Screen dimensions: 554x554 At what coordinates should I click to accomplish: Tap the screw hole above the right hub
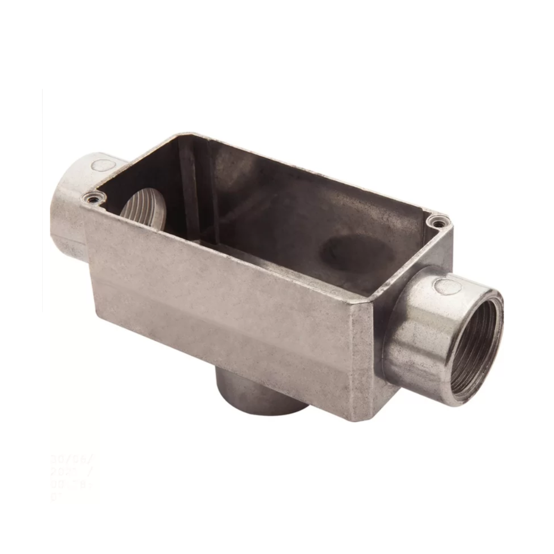(438, 223)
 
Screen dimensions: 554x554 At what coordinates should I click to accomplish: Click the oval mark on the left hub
(102, 165)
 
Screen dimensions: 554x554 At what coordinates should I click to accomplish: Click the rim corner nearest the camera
(363, 302)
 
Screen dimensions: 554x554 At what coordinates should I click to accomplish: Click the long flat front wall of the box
(222, 310)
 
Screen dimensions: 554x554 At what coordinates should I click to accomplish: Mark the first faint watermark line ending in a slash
(72, 459)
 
